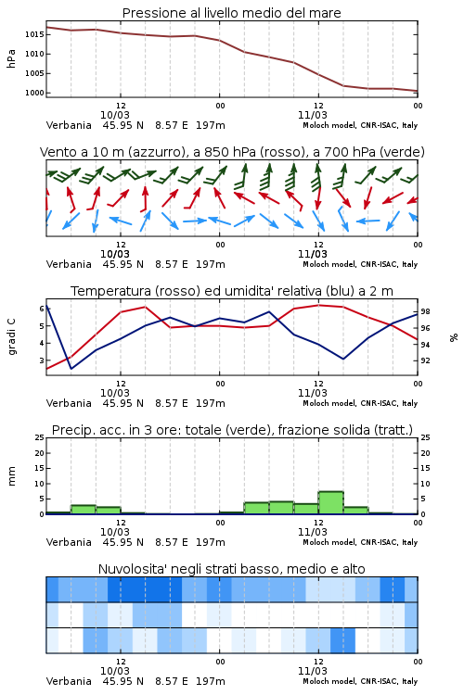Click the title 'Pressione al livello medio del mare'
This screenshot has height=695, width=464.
[x=231, y=13]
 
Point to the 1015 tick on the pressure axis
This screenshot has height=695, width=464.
[x=34, y=34]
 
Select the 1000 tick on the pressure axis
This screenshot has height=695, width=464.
[x=34, y=93]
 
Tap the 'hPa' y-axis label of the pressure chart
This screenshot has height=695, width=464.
[x=11, y=58]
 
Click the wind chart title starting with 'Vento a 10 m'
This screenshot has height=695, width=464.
[x=232, y=152]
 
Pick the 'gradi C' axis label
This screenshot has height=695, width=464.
[x=12, y=336]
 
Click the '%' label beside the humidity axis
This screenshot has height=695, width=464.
[x=454, y=337]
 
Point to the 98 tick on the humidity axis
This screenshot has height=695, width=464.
[x=425, y=311]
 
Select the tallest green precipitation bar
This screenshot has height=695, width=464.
[x=330, y=502]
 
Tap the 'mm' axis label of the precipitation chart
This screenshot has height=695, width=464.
[x=11, y=476]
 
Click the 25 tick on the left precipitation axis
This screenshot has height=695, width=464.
[x=40, y=437]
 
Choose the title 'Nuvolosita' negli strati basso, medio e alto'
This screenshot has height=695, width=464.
[x=231, y=569]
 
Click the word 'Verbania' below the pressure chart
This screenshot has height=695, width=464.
[x=69, y=125]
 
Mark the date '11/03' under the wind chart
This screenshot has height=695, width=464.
[x=312, y=254]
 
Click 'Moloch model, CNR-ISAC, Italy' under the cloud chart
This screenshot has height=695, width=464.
[x=360, y=681]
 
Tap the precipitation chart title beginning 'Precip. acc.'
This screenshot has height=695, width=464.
[x=232, y=430]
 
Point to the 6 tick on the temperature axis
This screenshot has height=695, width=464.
[x=42, y=309]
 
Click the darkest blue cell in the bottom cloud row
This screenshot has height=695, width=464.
[x=342, y=640]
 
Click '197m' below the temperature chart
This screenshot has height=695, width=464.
[x=211, y=403]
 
